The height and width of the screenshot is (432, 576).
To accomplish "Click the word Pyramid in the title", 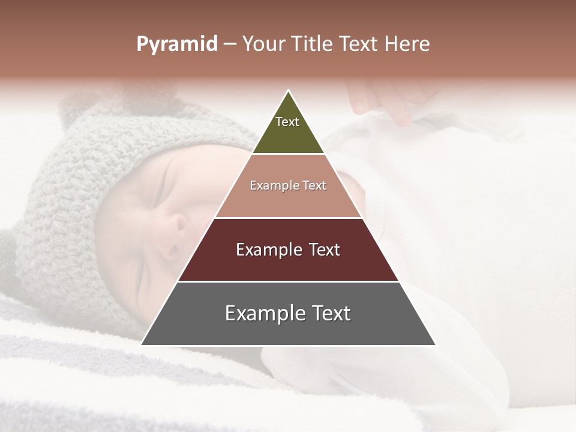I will pyautogui.click(x=177, y=44).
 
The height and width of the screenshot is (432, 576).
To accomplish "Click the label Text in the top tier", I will pyautogui.click(x=287, y=122).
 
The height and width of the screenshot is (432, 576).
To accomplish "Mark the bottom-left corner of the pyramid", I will pyautogui.click(x=142, y=344).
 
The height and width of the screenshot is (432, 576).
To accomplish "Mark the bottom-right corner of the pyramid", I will pyautogui.click(x=435, y=344).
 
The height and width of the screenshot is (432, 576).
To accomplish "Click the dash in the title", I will pyautogui.click(x=230, y=44).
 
